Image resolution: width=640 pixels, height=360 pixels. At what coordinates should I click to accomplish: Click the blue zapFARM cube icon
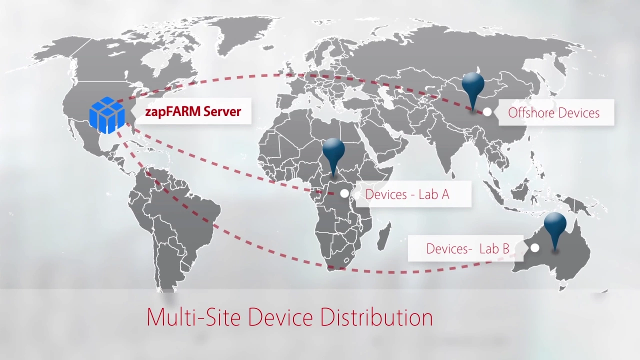106,115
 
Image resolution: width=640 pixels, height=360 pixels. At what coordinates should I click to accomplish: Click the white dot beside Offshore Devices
487,112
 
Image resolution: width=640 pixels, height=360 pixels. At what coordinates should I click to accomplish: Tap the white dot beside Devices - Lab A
344,194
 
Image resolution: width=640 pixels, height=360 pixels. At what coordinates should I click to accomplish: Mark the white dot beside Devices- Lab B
535,247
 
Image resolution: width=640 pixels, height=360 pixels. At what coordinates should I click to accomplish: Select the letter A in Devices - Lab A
444,194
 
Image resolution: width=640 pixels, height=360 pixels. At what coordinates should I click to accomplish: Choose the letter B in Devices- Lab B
504,248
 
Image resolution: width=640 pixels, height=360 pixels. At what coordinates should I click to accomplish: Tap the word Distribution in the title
376,317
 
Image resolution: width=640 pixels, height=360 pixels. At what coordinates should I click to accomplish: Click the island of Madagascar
383,236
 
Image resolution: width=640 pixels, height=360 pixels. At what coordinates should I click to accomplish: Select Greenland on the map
235,35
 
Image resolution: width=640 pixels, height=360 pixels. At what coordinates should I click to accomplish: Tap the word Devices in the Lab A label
386,194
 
